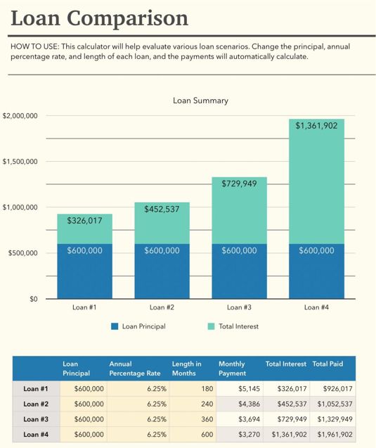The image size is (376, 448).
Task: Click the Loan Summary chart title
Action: [200, 101]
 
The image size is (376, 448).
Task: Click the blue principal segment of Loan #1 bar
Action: [84, 274]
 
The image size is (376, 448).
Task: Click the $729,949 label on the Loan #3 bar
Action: [240, 184]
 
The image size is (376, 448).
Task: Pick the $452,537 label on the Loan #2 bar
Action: [162, 209]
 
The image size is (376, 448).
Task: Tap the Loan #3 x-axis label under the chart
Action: [240, 307]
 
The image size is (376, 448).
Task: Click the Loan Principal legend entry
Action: [138, 326]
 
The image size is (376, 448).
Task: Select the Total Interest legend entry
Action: [233, 326]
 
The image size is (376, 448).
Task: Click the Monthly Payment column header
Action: [232, 369]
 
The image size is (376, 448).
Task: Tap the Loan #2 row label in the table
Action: [36, 404]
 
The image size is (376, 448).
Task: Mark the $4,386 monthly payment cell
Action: [238, 404]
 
